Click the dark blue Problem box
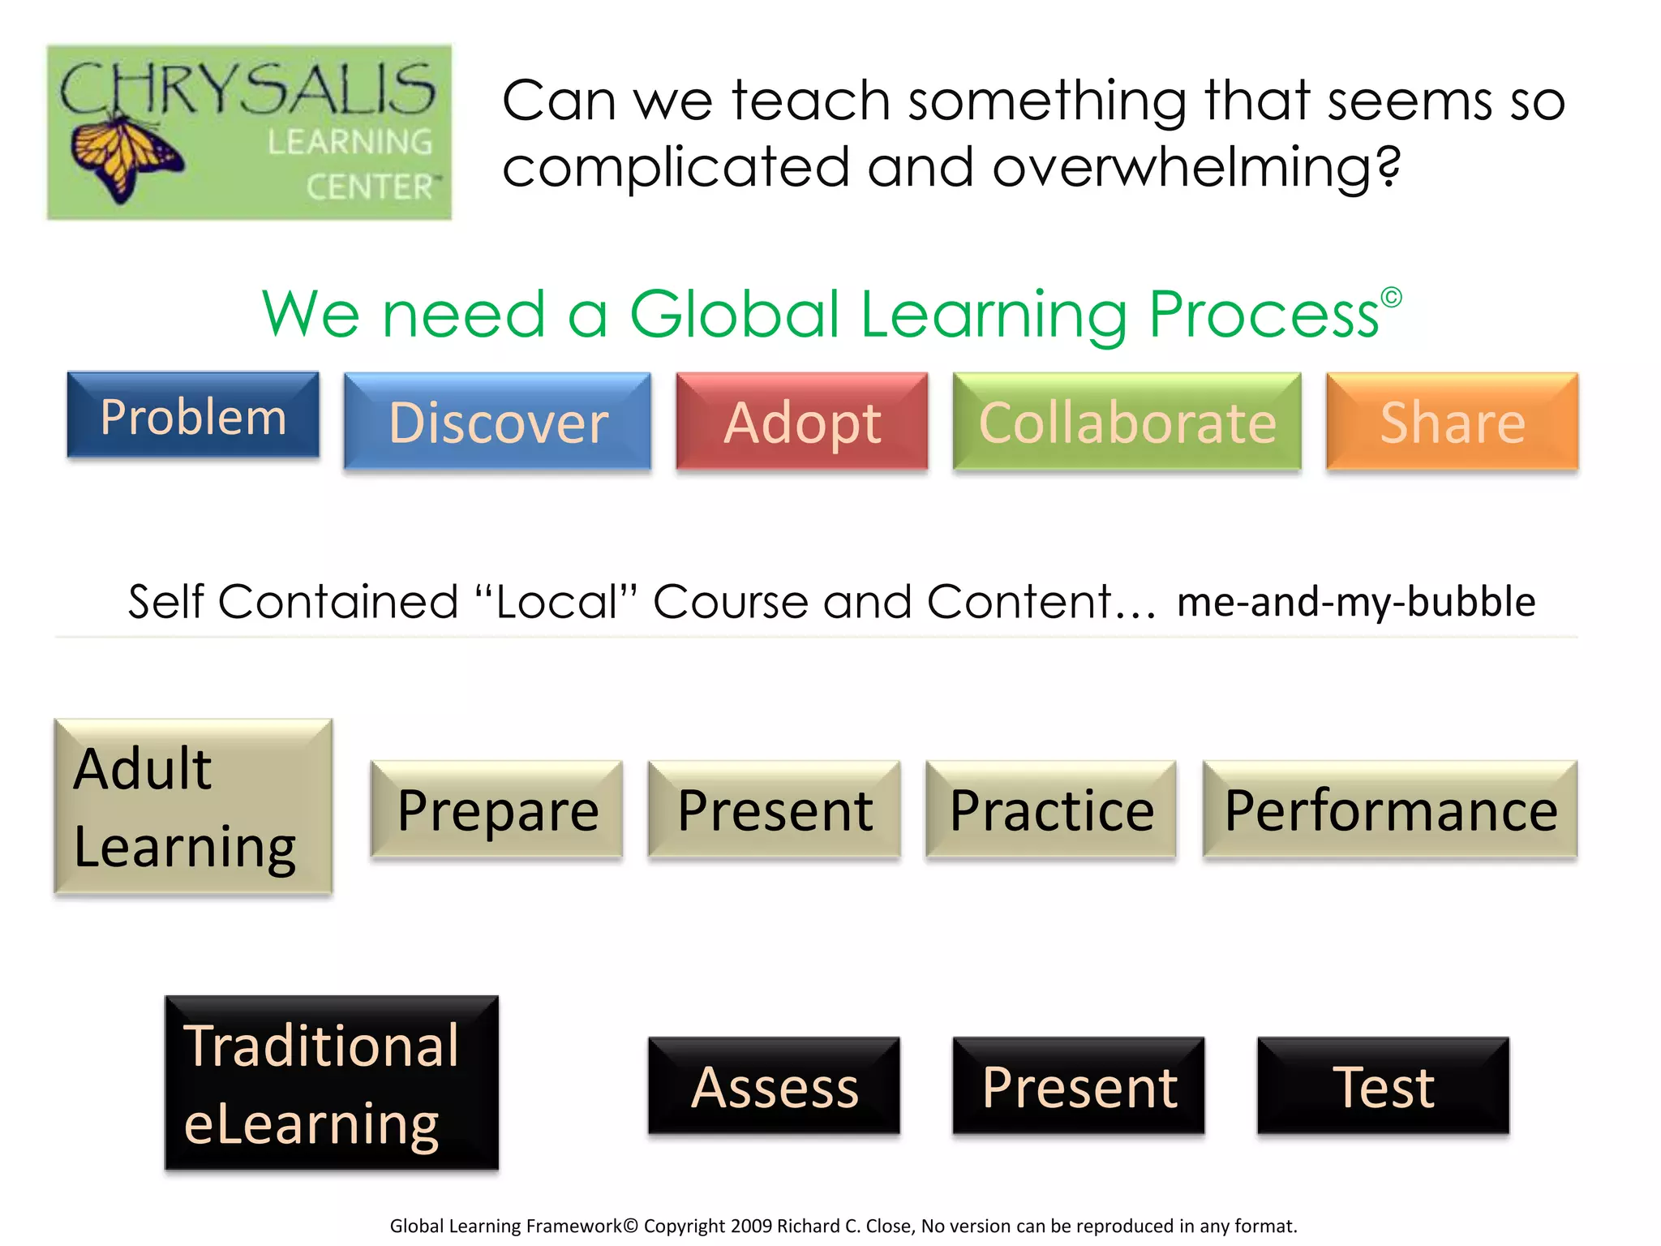tap(193, 415)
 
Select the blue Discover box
tap(497, 422)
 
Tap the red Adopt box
tap(802, 422)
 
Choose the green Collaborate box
tap(1127, 422)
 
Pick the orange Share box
tap(1452, 422)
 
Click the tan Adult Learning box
tap(193, 807)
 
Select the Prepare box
tap(496, 810)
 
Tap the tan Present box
tap(775, 810)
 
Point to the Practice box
tap(1051, 810)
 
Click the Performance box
tap(1390, 810)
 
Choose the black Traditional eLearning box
tap(331, 1083)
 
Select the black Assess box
tap(775, 1085)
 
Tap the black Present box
tap(1079, 1085)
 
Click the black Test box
tap(1383, 1085)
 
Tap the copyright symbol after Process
tap(1391, 298)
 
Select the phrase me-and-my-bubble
tap(1356, 602)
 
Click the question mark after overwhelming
tap(1389, 166)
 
